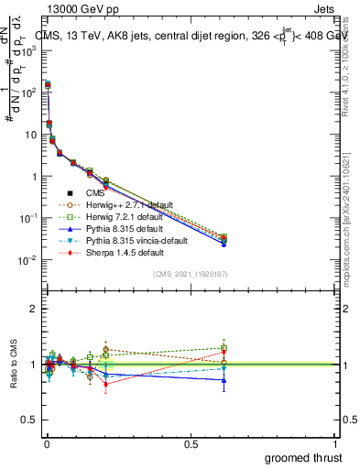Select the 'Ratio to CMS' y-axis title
tap(13, 365)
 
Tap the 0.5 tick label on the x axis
tap(191, 442)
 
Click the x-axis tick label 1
tap(335, 442)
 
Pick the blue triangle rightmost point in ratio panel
tap(224, 380)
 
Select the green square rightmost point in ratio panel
tap(224, 348)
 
